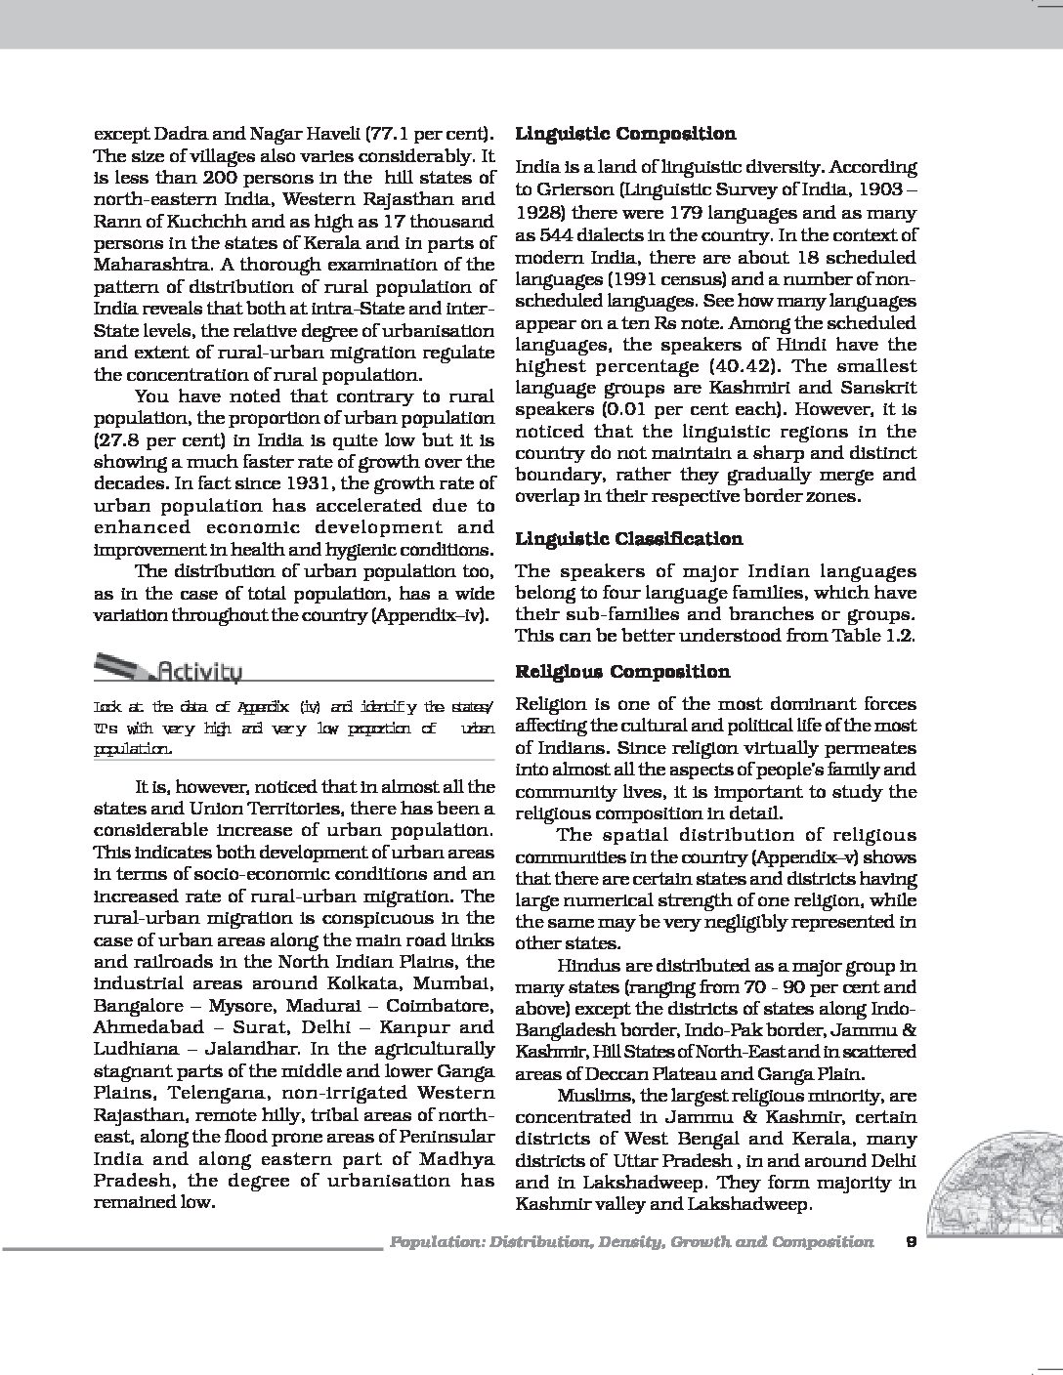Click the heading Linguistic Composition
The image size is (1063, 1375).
pyautogui.click(x=625, y=134)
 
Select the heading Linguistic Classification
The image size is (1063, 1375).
pyautogui.click(x=628, y=539)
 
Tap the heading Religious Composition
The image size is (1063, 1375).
pyautogui.click(x=622, y=672)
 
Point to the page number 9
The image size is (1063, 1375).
pyautogui.click(x=911, y=1242)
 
